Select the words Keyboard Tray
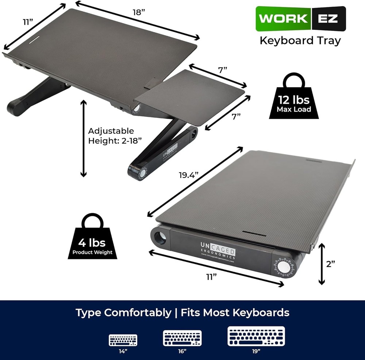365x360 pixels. (x=300, y=40)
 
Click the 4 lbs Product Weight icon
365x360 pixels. (x=92, y=238)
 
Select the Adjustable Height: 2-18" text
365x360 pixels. (x=111, y=136)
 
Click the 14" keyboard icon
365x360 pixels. (x=123, y=340)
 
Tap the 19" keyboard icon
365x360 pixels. (x=256, y=336)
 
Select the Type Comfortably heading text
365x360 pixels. (x=123, y=313)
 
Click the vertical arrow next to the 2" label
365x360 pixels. (x=321, y=264)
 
